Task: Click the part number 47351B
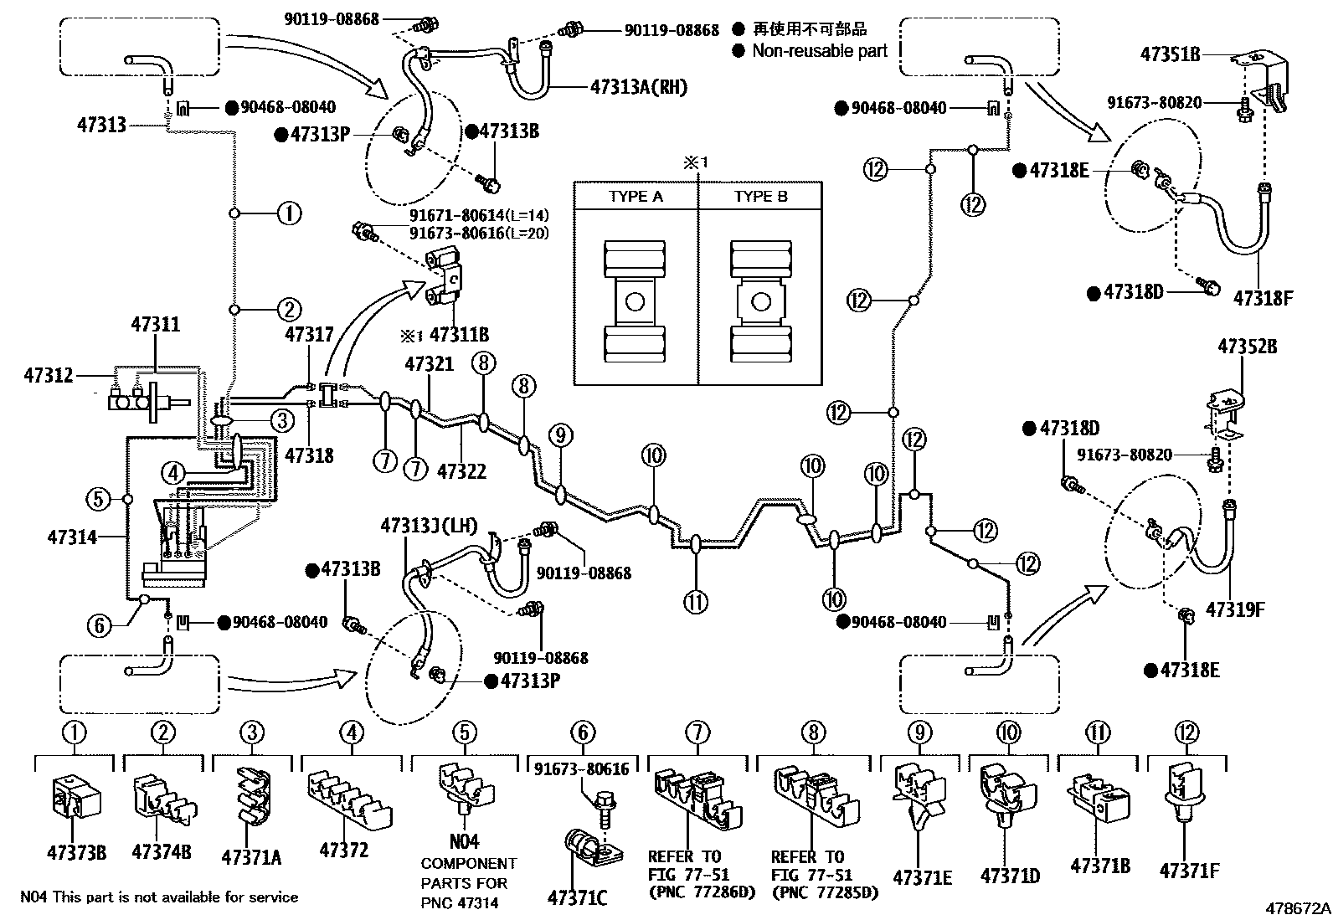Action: click(1170, 54)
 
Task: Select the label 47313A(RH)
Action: click(638, 86)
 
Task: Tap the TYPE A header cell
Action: click(636, 197)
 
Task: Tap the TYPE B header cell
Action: click(760, 197)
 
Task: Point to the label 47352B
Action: click(1247, 346)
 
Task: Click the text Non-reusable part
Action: click(819, 50)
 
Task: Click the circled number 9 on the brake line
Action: click(562, 434)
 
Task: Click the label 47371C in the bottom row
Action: click(577, 898)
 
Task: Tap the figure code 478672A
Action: click(1297, 907)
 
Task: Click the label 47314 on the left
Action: click(75, 537)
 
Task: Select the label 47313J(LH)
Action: click(429, 526)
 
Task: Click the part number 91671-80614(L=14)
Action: click(479, 215)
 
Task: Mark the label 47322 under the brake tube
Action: click(461, 471)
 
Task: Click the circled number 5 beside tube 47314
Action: click(98, 500)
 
